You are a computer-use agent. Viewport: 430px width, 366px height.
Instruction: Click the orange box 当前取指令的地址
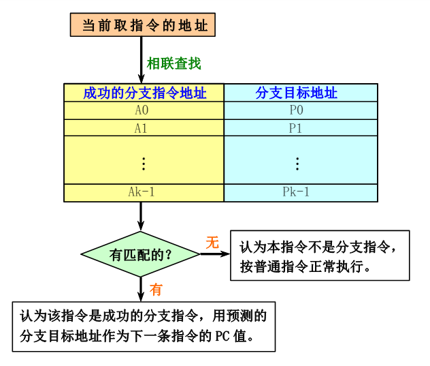pyautogui.click(x=143, y=25)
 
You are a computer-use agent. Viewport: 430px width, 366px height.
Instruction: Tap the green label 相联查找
pyautogui.click(x=174, y=63)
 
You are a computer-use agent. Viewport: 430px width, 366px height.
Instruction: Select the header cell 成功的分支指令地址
pyautogui.click(x=144, y=93)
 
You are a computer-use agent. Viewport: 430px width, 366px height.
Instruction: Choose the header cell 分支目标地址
pyautogui.click(x=301, y=93)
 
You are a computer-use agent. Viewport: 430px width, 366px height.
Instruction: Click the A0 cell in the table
pyautogui.click(x=144, y=110)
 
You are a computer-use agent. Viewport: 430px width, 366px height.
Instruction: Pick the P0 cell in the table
pyautogui.click(x=301, y=110)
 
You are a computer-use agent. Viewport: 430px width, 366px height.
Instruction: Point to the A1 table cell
pyautogui.click(x=144, y=127)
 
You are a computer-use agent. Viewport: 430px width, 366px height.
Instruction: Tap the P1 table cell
pyautogui.click(x=301, y=127)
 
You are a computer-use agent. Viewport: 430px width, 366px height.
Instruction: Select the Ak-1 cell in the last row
pyautogui.click(x=144, y=193)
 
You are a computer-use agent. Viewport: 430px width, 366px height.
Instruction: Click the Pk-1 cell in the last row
pyautogui.click(x=301, y=193)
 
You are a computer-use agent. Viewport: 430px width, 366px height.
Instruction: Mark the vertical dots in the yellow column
pyautogui.click(x=144, y=164)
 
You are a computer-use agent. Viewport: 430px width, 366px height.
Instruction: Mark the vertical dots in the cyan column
pyautogui.click(x=297, y=164)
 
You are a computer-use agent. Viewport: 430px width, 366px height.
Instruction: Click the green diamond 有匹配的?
pyautogui.click(x=140, y=254)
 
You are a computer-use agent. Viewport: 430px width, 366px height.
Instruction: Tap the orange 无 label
pyautogui.click(x=212, y=243)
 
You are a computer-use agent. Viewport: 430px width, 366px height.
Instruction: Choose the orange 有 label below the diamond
pyautogui.click(x=156, y=290)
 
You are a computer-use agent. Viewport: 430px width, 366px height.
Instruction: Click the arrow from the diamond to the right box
pyautogui.click(x=215, y=254)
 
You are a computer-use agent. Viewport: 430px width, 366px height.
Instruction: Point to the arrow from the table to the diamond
pyautogui.click(x=141, y=217)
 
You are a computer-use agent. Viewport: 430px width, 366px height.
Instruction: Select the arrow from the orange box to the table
pyautogui.click(x=142, y=60)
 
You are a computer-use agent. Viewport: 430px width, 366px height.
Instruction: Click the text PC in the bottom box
pyautogui.click(x=222, y=336)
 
